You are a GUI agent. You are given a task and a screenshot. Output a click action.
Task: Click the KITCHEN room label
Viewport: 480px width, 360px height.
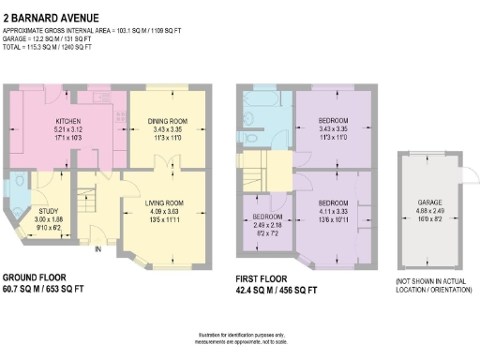click(x=68, y=122)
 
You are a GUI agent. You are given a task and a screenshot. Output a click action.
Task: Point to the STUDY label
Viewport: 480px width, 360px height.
click(x=48, y=211)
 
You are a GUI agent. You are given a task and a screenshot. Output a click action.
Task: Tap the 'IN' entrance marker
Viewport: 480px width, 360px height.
click(x=97, y=248)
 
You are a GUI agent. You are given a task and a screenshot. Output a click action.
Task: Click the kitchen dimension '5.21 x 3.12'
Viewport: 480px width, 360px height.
click(x=68, y=130)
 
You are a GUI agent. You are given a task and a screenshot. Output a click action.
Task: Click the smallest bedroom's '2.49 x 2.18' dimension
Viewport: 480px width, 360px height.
click(x=266, y=225)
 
